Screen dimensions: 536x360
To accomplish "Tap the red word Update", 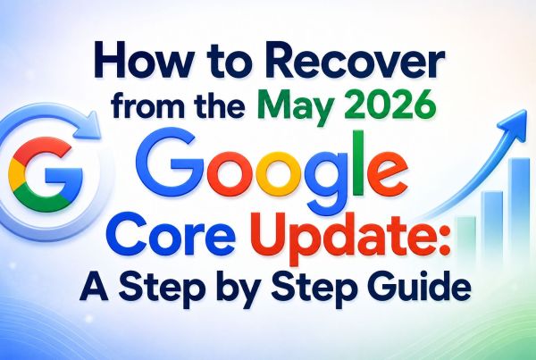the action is pyautogui.click(x=341, y=236).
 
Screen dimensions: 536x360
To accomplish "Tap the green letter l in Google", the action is pyautogui.click(x=357, y=163).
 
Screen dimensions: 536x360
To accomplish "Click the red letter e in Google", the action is pyautogui.click(x=387, y=173).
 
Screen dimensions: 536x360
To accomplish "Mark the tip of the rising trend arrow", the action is pyautogui.click(x=526, y=110).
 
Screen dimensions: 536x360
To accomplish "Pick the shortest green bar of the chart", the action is pyautogui.click(x=466, y=239).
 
